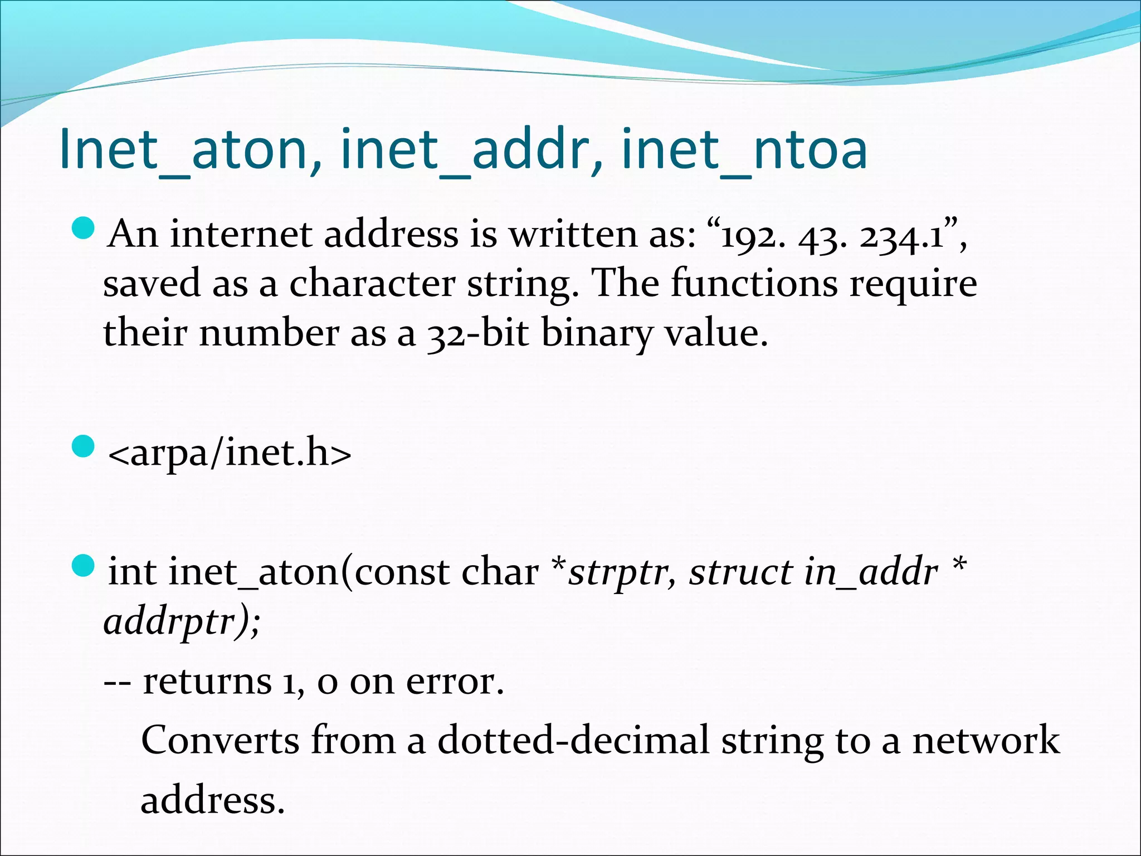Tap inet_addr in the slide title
[x=471, y=149]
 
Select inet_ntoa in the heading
[x=744, y=149]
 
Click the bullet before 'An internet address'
[x=84, y=228]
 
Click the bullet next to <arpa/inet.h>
[x=84, y=447]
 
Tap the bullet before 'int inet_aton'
[x=84, y=566]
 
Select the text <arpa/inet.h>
[x=230, y=453]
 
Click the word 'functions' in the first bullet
[x=753, y=283]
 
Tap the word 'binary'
[x=596, y=333]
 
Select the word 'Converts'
[x=220, y=740]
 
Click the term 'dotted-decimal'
[x=573, y=740]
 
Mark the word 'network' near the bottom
[x=986, y=740]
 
